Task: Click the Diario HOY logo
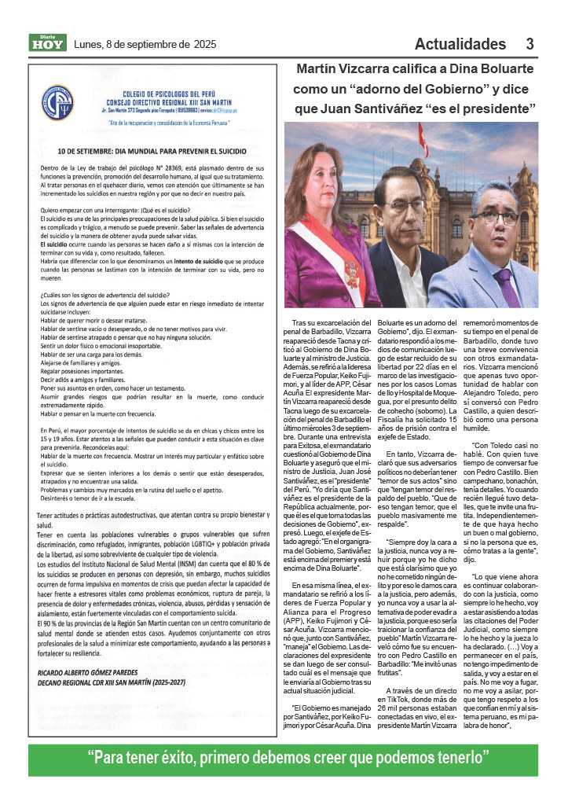46,42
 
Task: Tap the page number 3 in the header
530,43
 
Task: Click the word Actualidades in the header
460,43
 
